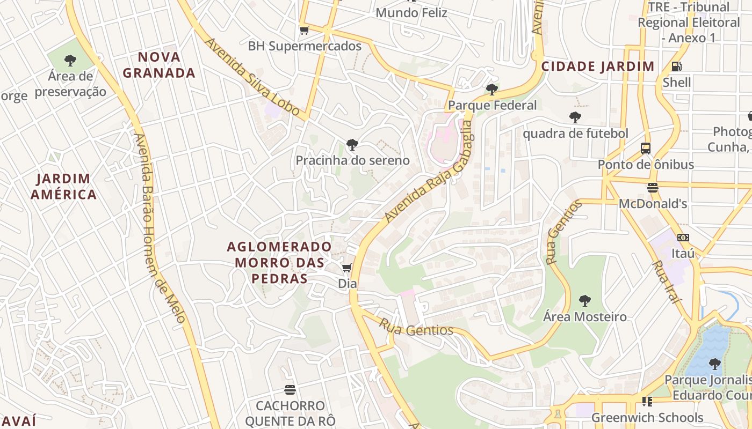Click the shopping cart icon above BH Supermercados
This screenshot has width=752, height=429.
(304, 31)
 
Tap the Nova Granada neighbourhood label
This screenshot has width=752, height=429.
(159, 65)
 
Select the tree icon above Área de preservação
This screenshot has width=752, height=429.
(70, 61)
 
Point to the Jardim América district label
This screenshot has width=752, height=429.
(63, 186)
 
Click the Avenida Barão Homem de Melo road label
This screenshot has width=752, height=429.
(160, 228)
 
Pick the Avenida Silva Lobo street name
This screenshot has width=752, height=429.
(252, 77)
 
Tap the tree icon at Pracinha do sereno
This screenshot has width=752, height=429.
(352, 144)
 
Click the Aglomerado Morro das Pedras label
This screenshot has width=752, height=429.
(279, 262)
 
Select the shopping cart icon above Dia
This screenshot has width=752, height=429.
(347, 268)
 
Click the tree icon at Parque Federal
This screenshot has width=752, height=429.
(491, 89)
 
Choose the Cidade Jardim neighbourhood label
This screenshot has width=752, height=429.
(598, 66)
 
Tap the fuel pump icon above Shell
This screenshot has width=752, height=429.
(677, 66)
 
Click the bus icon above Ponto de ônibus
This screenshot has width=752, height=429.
(646, 149)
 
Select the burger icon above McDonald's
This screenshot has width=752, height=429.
(653, 188)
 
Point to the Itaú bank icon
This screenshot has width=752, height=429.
(683, 237)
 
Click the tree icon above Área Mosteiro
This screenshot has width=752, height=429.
(584, 301)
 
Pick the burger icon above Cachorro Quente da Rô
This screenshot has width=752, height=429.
(290, 389)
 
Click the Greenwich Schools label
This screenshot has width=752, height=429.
(647, 417)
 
